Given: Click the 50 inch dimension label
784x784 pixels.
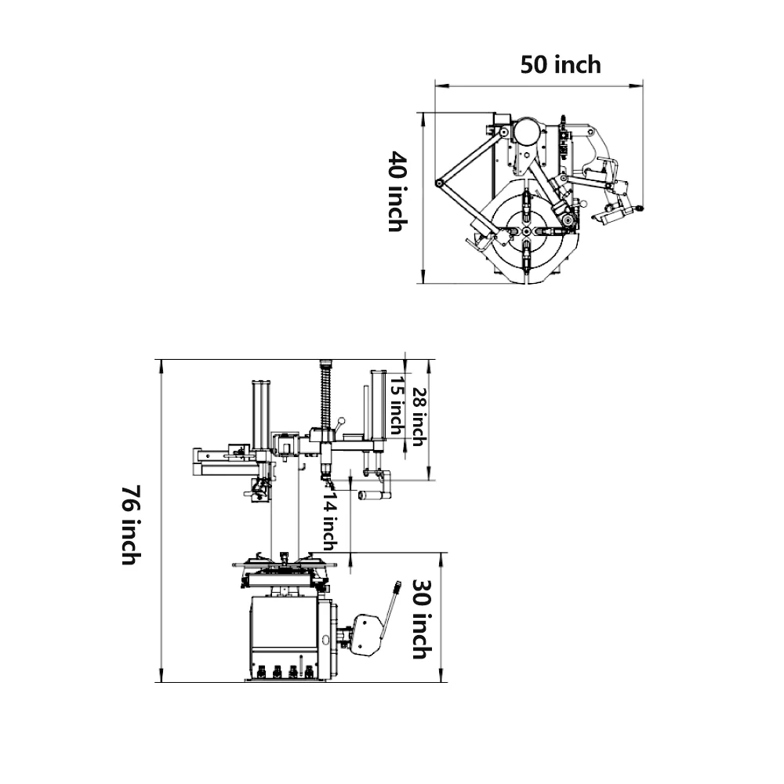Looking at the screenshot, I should [x=561, y=64].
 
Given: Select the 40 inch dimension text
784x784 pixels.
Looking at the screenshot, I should [x=397, y=193].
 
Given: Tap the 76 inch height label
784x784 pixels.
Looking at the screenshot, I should [x=131, y=524].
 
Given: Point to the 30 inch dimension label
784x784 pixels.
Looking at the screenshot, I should [x=420, y=619].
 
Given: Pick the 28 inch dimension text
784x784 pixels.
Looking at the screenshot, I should [x=419, y=417].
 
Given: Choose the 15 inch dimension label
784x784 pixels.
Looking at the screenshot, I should [x=396, y=405].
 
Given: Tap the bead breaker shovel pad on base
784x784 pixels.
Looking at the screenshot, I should [x=362, y=634].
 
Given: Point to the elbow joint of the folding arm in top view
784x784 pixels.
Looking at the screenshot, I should [x=440, y=183].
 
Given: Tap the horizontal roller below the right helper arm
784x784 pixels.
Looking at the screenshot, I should [x=373, y=495].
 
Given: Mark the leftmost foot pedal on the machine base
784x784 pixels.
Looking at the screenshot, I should [x=260, y=671].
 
